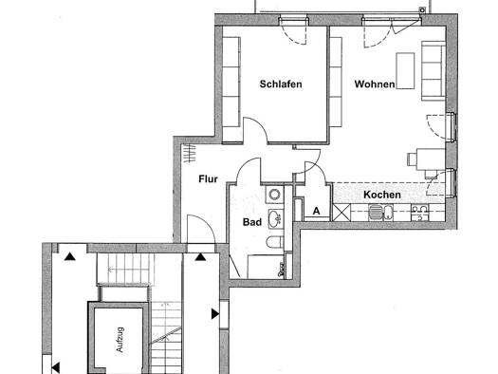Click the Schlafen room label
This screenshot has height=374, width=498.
(x=281, y=84)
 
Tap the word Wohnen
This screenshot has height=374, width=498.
(x=375, y=84)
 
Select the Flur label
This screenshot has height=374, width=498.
(x=208, y=178)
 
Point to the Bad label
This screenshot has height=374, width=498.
(x=252, y=222)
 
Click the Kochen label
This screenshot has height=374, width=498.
(x=382, y=195)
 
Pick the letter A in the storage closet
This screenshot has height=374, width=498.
(x=316, y=211)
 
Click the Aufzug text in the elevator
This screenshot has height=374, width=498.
(x=120, y=340)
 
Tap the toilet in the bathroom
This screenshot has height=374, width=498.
(x=275, y=242)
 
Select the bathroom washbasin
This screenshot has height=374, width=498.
(x=276, y=218)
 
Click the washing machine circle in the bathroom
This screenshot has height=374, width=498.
(x=274, y=194)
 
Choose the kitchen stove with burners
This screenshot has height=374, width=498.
(x=420, y=213)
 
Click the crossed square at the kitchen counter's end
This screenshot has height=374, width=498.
(x=341, y=213)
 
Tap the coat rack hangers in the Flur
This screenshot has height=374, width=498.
(x=190, y=153)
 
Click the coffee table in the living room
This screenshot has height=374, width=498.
(x=406, y=71)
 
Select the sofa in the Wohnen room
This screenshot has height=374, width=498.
(x=433, y=71)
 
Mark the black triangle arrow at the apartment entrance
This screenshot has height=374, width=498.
(x=200, y=256)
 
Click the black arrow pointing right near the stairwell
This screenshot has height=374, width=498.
(x=215, y=314)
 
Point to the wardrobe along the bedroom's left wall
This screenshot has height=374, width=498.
(x=231, y=90)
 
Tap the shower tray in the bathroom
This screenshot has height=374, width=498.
(x=266, y=267)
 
